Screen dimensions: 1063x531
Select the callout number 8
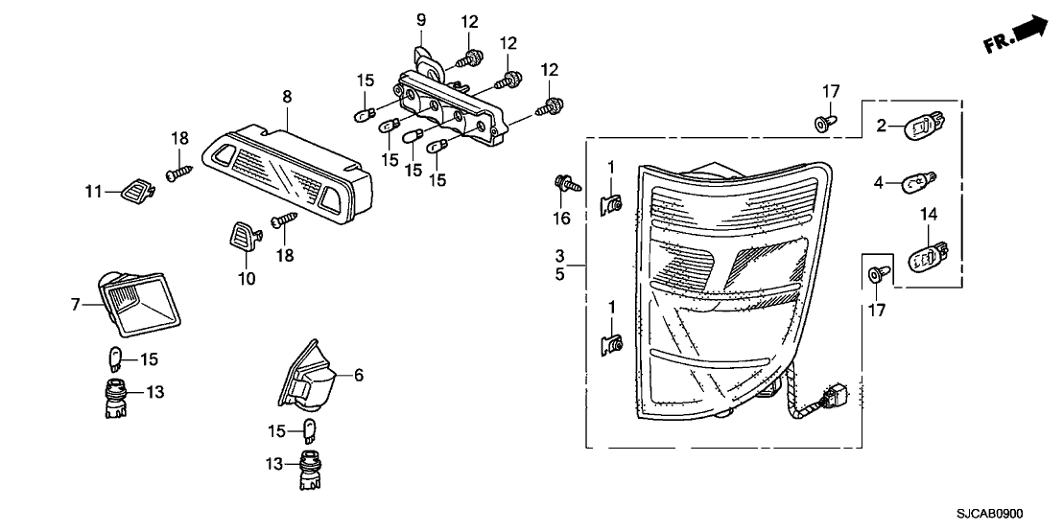(x=287, y=97)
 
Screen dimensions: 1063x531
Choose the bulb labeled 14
(x=927, y=256)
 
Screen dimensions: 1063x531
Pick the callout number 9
(x=421, y=20)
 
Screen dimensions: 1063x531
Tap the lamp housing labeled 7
(x=140, y=302)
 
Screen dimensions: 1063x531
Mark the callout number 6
(x=359, y=374)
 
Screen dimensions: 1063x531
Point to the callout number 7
(x=75, y=304)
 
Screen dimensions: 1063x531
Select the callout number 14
(x=928, y=215)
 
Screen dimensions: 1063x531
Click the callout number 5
(x=560, y=276)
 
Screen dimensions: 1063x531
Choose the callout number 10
(x=248, y=278)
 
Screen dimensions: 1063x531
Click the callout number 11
(x=94, y=192)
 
